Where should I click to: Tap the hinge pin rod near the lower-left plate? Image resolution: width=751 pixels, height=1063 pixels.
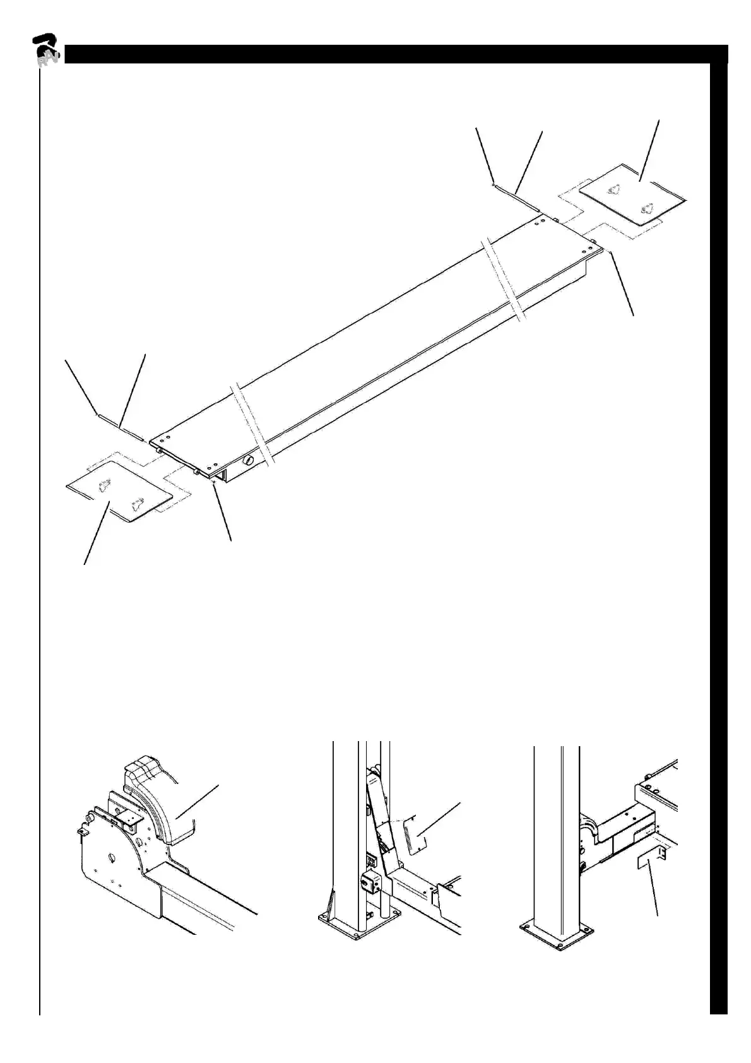120,427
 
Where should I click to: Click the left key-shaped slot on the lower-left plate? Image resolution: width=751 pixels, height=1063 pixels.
105,484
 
